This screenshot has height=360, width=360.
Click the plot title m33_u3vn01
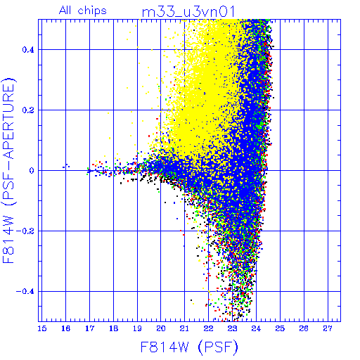click(x=188, y=12)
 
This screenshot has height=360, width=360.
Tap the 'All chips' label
click(x=83, y=11)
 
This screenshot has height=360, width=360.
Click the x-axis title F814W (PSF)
click(x=189, y=347)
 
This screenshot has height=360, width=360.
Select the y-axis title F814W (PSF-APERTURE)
click(x=9, y=170)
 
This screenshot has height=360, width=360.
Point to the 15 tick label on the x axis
click(x=42, y=328)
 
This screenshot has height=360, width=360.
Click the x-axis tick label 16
click(x=66, y=328)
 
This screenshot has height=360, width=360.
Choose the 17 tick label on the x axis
click(x=90, y=328)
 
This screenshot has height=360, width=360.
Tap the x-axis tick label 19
click(x=137, y=328)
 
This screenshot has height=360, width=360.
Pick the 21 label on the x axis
click(x=185, y=328)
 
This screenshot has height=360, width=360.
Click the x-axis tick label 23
click(x=232, y=328)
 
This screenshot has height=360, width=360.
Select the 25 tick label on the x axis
click(x=280, y=328)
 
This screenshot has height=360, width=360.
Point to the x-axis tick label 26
click(x=304, y=328)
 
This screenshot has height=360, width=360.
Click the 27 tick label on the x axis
click(x=328, y=328)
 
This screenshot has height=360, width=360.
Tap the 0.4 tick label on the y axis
click(x=28, y=50)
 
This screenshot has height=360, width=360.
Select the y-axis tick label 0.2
click(x=28, y=110)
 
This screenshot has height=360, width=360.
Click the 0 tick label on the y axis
click(x=32, y=171)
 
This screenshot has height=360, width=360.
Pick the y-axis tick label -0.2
click(x=25, y=231)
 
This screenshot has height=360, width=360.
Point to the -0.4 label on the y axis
click(x=25, y=292)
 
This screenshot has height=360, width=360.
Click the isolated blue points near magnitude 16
click(x=66, y=166)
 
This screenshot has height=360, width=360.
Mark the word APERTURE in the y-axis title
click(x=9, y=121)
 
